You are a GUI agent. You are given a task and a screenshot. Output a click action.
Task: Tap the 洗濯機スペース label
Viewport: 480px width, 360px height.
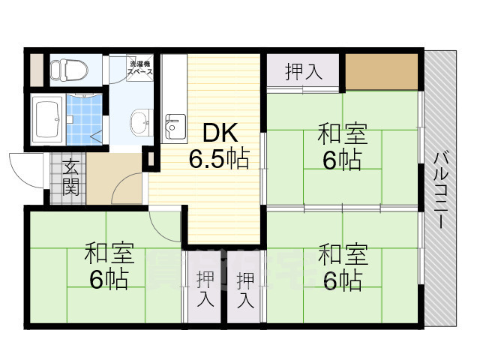coord(140,68)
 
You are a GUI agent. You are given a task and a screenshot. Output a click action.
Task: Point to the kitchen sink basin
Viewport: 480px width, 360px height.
coord(174,124)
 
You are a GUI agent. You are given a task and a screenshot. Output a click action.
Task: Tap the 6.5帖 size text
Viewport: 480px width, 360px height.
coord(219,159)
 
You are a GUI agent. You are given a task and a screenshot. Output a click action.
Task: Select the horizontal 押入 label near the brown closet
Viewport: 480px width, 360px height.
coord(303,73)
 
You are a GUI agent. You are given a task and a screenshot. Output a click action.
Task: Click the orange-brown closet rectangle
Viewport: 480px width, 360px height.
coord(380,72)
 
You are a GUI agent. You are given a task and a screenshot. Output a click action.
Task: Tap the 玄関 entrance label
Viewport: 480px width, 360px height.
coord(70,178)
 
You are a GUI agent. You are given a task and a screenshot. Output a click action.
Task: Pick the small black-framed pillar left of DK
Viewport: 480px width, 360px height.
coord(147,160)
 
